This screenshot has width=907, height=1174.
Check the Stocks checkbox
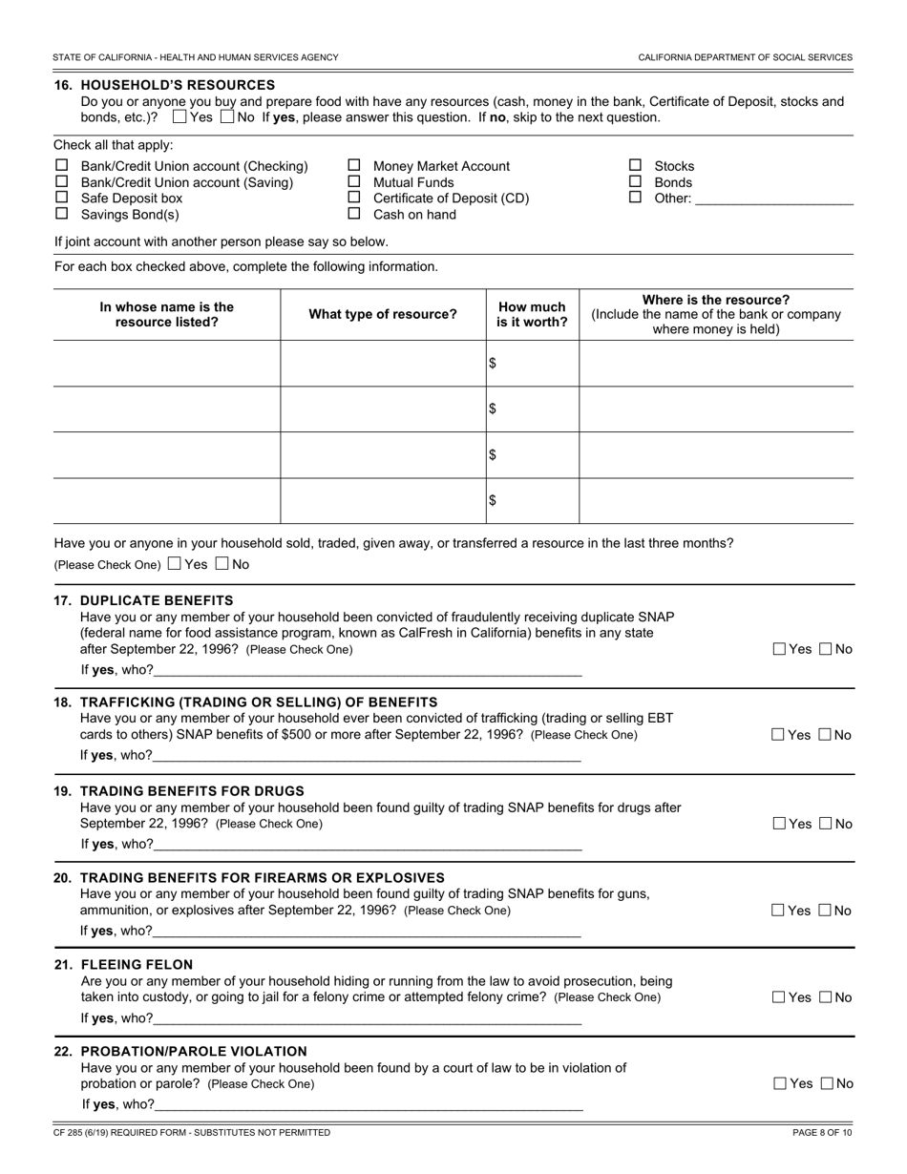pyautogui.click(x=635, y=165)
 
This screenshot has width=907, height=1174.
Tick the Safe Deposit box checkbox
pyautogui.click(x=62, y=198)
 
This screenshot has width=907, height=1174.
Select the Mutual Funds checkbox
pyautogui.click(x=353, y=181)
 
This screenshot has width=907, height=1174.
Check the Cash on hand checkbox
pyautogui.click(x=353, y=214)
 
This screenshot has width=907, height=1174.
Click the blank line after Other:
pyautogui.click(x=773, y=199)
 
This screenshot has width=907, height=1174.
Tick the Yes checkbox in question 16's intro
pyautogui.click(x=179, y=117)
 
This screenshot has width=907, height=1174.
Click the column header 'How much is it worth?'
pyautogui.click(x=532, y=314)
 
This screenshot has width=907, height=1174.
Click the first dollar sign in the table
pyautogui.click(x=493, y=363)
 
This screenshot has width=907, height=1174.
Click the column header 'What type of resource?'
pyautogui.click(x=382, y=314)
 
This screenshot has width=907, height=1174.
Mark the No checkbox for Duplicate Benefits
pyautogui.click(x=826, y=649)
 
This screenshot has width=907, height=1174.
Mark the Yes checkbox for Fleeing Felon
pyautogui.click(x=779, y=997)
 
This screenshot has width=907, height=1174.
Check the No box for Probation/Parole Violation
pyautogui.click(x=827, y=1083)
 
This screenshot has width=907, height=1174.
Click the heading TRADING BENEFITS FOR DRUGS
pyautogui.click(x=192, y=790)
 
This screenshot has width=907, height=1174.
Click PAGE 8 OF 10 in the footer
pyautogui.click(x=821, y=1132)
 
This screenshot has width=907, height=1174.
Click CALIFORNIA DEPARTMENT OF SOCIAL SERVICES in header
pyautogui.click(x=745, y=57)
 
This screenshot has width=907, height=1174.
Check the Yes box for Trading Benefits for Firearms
pyautogui.click(x=779, y=911)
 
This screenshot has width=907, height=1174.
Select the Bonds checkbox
pyautogui.click(x=635, y=181)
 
